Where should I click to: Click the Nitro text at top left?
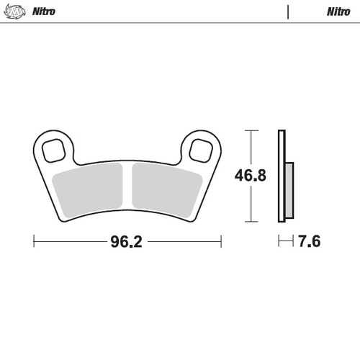pyautogui.click(x=45, y=12)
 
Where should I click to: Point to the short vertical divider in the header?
pyautogui.click(x=287, y=12)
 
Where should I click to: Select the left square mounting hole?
pyautogui.click(x=53, y=150)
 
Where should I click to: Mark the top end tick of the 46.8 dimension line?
pyautogui.click(x=249, y=130)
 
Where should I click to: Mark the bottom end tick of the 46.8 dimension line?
pyautogui.click(x=249, y=220)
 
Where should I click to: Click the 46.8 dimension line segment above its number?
pyautogui.click(x=249, y=148)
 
